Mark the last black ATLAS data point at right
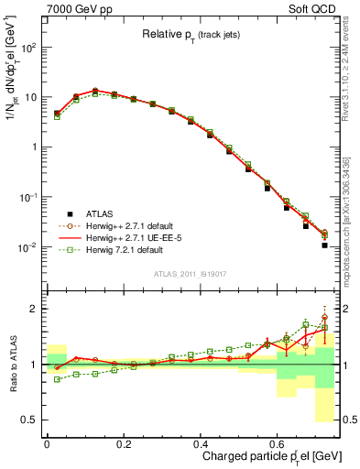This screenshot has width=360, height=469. pos(325,245)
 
